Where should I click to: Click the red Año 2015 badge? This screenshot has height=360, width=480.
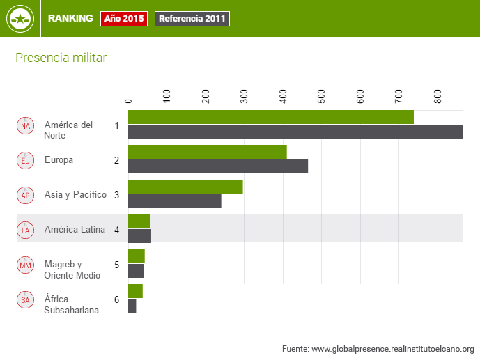pyautogui.click(x=124, y=19)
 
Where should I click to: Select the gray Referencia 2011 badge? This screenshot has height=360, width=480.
pyautogui.click(x=192, y=19)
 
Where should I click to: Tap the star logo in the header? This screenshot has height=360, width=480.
pyautogui.click(x=20, y=19)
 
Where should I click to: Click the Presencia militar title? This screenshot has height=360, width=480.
pyautogui.click(x=61, y=58)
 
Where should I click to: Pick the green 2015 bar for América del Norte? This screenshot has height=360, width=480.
pyautogui.click(x=270, y=117)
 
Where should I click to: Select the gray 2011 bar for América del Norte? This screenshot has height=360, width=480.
pyautogui.click(x=295, y=132)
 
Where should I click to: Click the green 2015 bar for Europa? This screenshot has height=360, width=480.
pyautogui.click(x=207, y=152)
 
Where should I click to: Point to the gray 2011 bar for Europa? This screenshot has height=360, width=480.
pyautogui.click(x=217, y=166)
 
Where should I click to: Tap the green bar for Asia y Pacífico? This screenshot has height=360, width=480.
pyautogui.click(x=185, y=187)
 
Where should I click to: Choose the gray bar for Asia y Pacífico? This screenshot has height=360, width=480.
pyautogui.click(x=174, y=201)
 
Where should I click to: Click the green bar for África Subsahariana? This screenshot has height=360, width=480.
pyautogui.click(x=135, y=291)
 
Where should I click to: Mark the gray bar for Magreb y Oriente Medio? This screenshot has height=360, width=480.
pyautogui.click(x=136, y=271)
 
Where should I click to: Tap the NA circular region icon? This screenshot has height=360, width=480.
pyautogui.click(x=26, y=125)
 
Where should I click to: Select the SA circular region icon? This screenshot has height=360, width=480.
pyautogui.click(x=26, y=300)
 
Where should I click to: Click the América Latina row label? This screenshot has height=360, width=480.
pyautogui.click(x=75, y=229)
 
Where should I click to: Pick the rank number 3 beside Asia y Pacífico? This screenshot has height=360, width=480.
pyautogui.click(x=117, y=195)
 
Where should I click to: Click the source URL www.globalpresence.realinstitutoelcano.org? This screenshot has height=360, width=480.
pyautogui.click(x=393, y=348)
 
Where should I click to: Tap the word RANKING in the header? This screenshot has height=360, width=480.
pyautogui.click(x=70, y=19)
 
